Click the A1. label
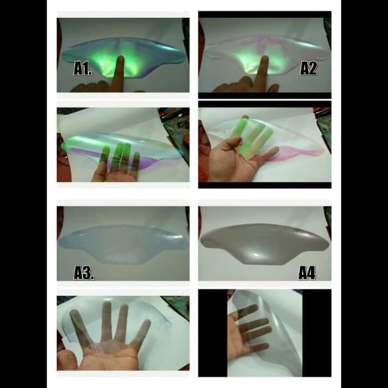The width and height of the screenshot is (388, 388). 83,69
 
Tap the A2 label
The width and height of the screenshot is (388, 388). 308,69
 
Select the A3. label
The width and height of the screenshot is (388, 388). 84,273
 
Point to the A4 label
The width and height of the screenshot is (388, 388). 307,273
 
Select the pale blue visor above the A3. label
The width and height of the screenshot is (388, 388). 123,244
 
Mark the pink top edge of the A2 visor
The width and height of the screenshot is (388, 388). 265,38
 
